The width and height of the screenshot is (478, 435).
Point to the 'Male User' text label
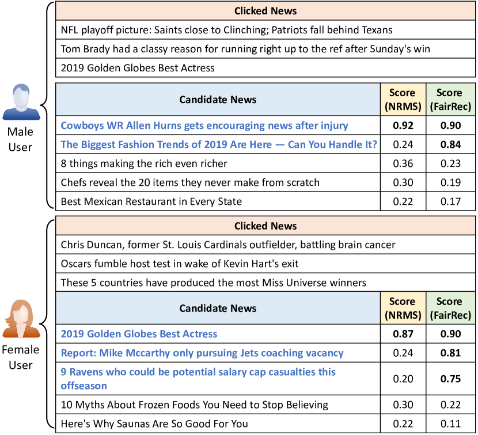(x=21, y=139)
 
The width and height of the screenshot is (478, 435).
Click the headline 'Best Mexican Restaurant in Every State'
(x=151, y=201)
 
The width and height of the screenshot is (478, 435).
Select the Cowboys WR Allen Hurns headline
(x=204, y=125)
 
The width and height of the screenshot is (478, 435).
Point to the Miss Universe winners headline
(x=213, y=283)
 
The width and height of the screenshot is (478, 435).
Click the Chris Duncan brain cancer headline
(x=228, y=245)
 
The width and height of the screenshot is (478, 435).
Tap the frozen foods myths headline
(x=195, y=405)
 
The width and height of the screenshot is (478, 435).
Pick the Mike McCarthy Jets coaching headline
(x=202, y=353)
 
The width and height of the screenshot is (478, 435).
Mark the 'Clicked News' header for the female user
(x=265, y=226)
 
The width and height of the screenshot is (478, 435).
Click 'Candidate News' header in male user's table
(x=218, y=99)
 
